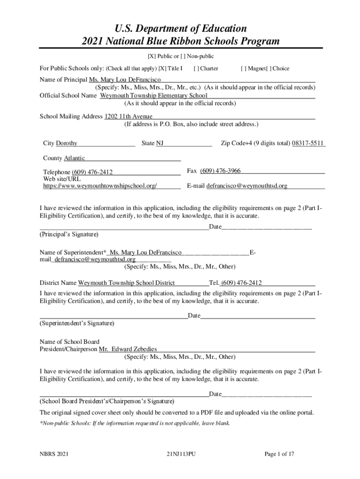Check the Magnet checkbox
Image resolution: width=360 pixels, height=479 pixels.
click(243, 69)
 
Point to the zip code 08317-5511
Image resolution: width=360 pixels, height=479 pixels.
click(308, 143)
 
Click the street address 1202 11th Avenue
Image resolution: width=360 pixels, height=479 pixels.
click(128, 116)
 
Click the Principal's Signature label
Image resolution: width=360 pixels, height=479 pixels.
click(69, 234)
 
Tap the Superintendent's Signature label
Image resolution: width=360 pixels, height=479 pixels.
click(77, 323)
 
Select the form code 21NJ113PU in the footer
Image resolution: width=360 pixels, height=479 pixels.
click(180, 454)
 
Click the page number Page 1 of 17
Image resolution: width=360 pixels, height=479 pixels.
click(279, 454)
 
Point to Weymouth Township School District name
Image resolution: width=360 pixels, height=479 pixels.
click(126, 283)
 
